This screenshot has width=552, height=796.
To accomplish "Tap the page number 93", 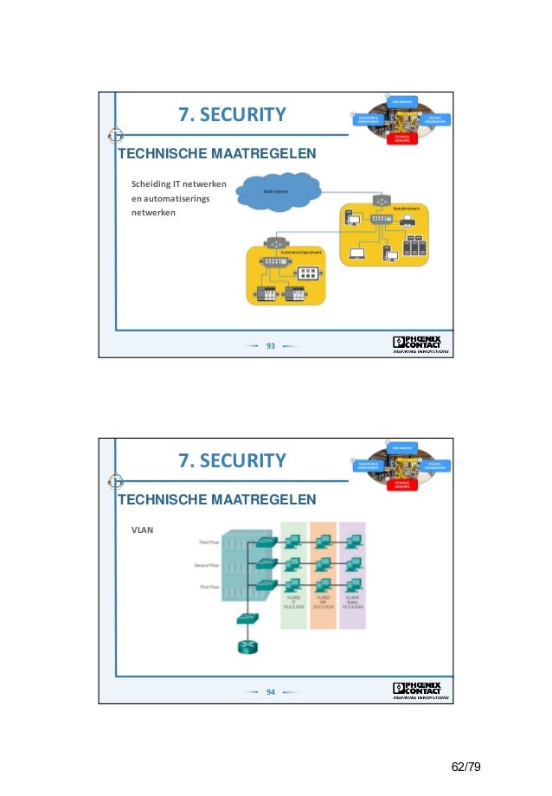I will [x=270, y=346].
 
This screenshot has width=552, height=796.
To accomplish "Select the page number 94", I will [x=270, y=692].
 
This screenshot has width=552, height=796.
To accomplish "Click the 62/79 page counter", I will [x=466, y=767].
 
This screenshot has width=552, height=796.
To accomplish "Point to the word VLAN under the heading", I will [x=142, y=529].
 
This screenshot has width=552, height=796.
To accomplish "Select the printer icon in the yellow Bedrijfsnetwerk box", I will [x=408, y=222].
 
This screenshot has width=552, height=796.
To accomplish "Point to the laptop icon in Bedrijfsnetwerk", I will [x=357, y=254].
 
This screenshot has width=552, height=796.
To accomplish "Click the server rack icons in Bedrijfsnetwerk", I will [x=416, y=253].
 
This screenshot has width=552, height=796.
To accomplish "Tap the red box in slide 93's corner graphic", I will [x=401, y=138].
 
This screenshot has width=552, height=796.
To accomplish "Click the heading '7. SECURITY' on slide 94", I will [x=232, y=460].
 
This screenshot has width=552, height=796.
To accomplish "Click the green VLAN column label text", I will [x=294, y=600].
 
